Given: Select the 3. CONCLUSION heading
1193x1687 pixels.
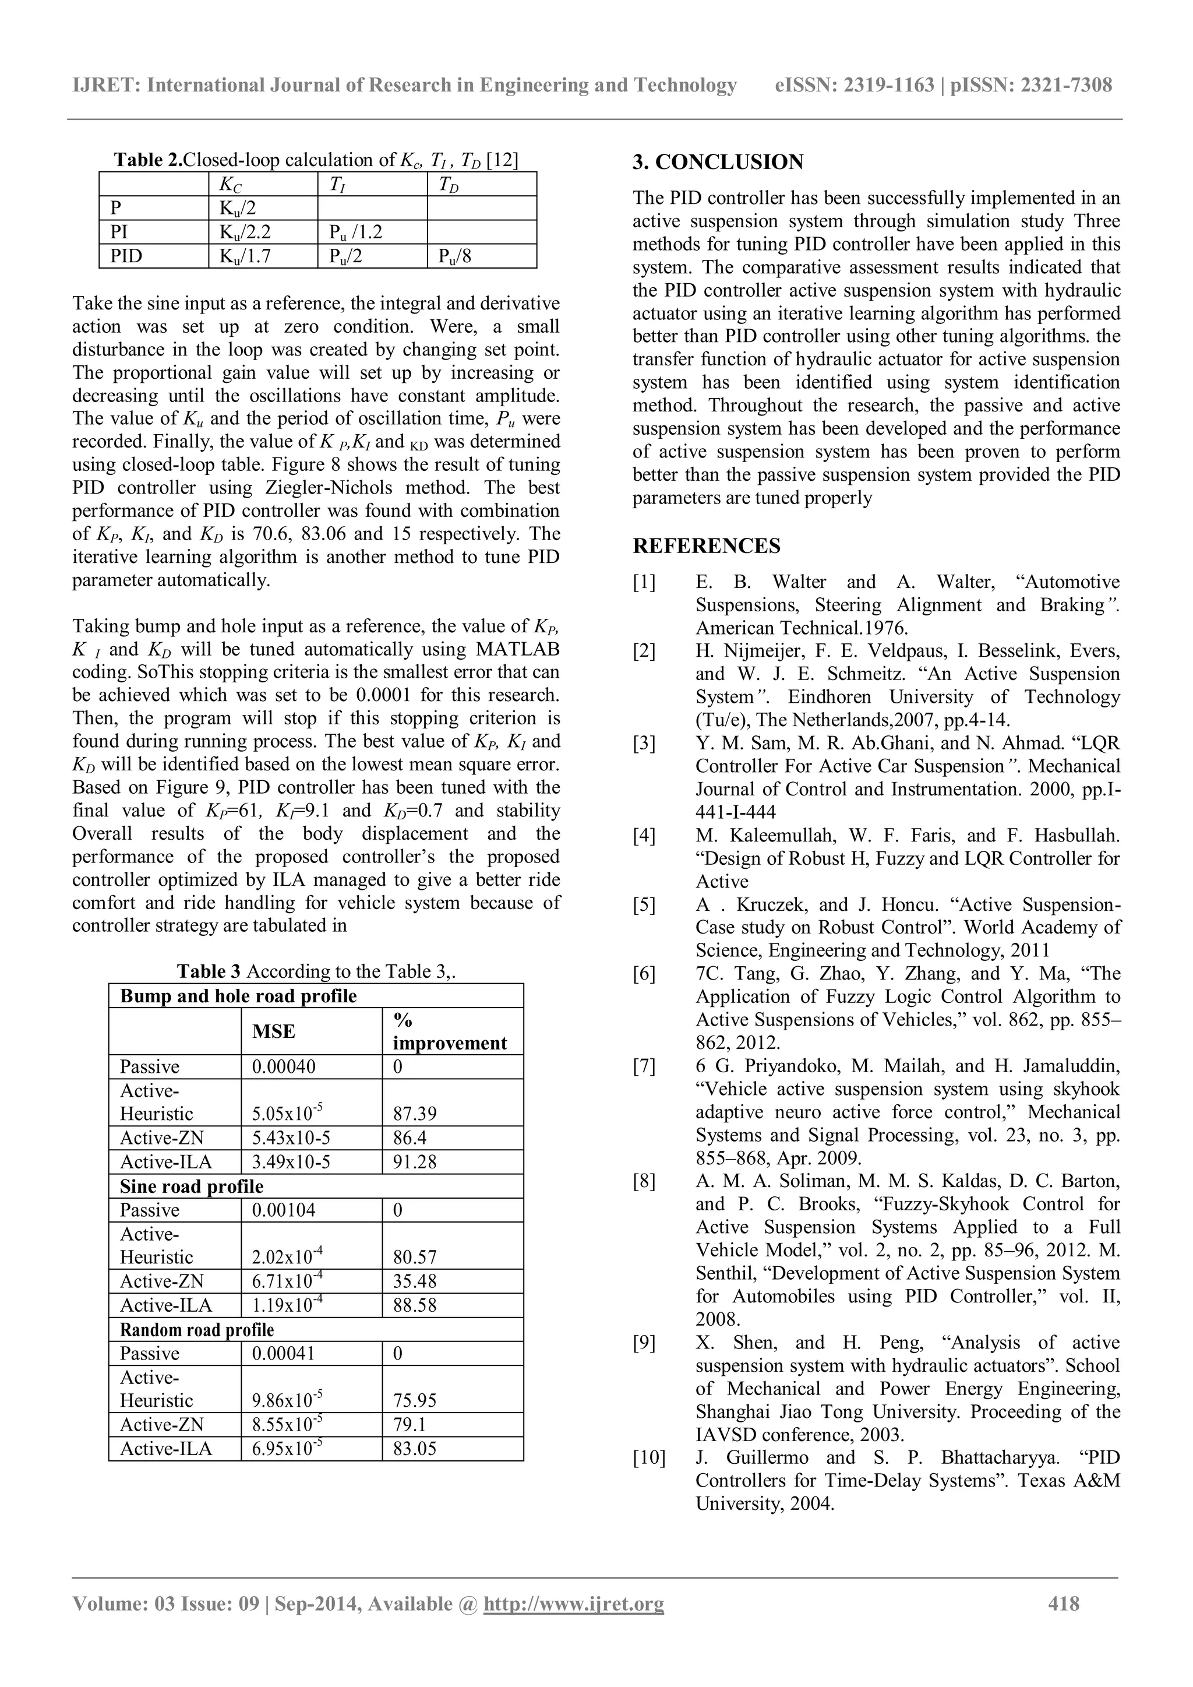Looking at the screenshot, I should [718, 163].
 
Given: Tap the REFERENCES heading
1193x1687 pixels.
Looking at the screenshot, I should [706, 546].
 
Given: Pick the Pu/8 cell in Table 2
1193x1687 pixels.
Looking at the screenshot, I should [455, 256].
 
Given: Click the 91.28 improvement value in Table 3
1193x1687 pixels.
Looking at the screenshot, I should [414, 1161].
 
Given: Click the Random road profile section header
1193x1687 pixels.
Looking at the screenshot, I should [196, 1329].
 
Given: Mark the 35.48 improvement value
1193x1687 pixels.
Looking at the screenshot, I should [414, 1281].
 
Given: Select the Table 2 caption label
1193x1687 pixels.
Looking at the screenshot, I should [147, 160].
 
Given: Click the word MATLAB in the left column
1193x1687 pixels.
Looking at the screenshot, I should [517, 650].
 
